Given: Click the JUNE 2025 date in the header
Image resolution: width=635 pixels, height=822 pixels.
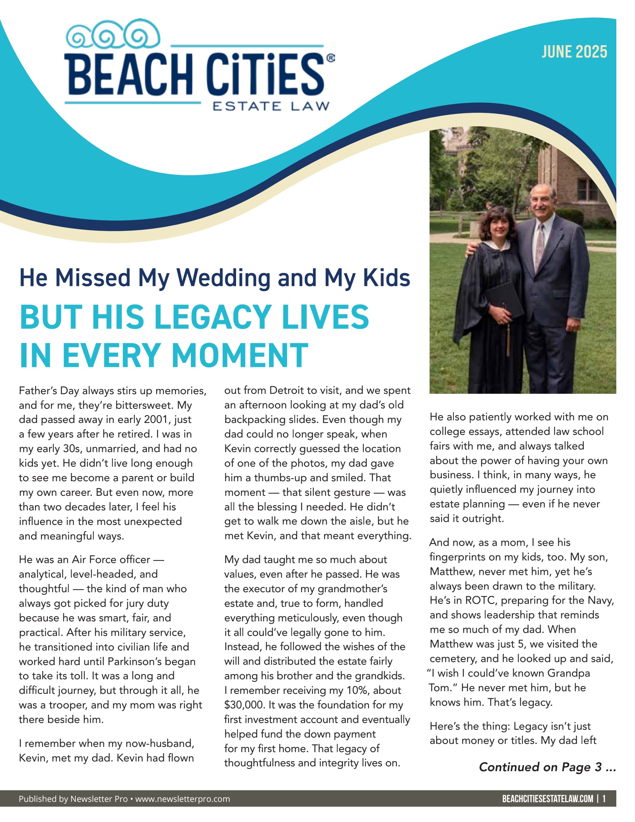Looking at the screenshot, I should tap(574, 52).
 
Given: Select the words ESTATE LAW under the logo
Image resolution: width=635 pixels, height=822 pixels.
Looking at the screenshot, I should tap(271, 106).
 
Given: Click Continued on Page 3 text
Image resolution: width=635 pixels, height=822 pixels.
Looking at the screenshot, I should tap(547, 767).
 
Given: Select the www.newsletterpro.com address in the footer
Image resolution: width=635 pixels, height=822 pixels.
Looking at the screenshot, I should tap(182, 799).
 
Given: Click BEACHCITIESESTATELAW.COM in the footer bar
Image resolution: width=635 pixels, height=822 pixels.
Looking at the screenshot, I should tap(547, 799).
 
